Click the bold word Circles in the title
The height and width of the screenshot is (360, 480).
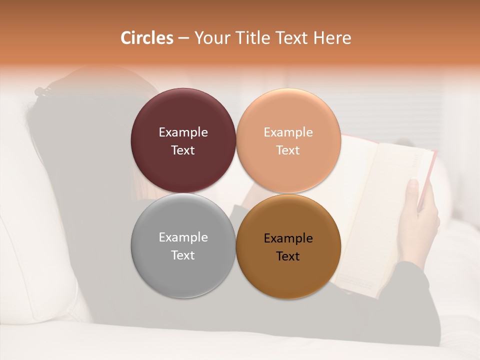tap(147, 38)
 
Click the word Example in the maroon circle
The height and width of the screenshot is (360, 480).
tap(183, 132)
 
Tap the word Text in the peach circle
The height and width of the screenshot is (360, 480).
tap(288, 150)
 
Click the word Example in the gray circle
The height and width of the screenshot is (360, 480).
tap(183, 237)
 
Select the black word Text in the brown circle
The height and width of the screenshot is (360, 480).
tap(288, 256)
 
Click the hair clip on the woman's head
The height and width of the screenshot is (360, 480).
tap(43, 91)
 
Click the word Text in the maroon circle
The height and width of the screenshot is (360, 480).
tap(183, 150)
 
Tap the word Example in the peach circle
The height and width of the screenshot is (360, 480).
tap(288, 132)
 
